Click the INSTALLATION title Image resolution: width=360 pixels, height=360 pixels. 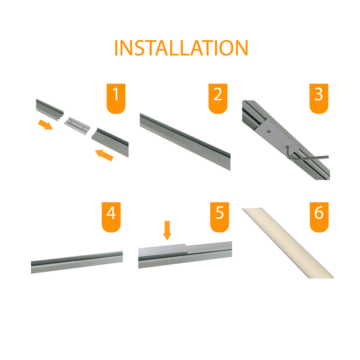(x=181, y=48)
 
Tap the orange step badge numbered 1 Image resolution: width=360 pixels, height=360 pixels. (x=116, y=98)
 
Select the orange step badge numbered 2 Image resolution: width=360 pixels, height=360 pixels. (x=218, y=98)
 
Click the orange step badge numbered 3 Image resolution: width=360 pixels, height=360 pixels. (x=319, y=98)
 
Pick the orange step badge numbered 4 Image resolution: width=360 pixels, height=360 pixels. (x=111, y=217)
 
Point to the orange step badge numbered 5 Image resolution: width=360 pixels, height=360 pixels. (x=219, y=217)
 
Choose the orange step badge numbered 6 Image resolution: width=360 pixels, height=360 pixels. (x=319, y=217)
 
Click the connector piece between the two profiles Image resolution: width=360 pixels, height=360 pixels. (x=77, y=126)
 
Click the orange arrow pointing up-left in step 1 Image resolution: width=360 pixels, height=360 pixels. (x=104, y=155)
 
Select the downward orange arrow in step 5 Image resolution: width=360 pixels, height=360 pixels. (x=167, y=231)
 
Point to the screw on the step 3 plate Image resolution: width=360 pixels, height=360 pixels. (x=269, y=131)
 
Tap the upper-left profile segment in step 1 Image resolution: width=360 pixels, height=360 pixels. (x=50, y=110)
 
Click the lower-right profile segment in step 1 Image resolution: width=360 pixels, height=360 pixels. (x=110, y=142)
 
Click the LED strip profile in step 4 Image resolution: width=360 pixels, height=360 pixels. (x=77, y=262)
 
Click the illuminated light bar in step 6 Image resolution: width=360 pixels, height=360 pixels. (x=288, y=243)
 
